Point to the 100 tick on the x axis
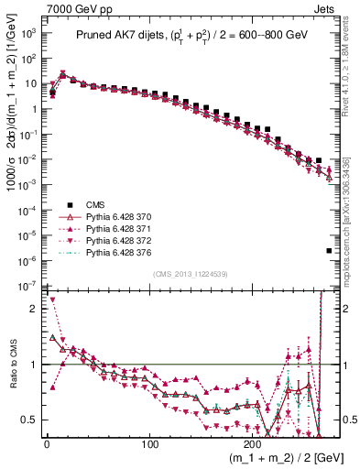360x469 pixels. click(150, 444)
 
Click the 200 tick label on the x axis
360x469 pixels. click(254, 444)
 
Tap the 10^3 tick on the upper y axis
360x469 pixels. click(27, 33)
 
